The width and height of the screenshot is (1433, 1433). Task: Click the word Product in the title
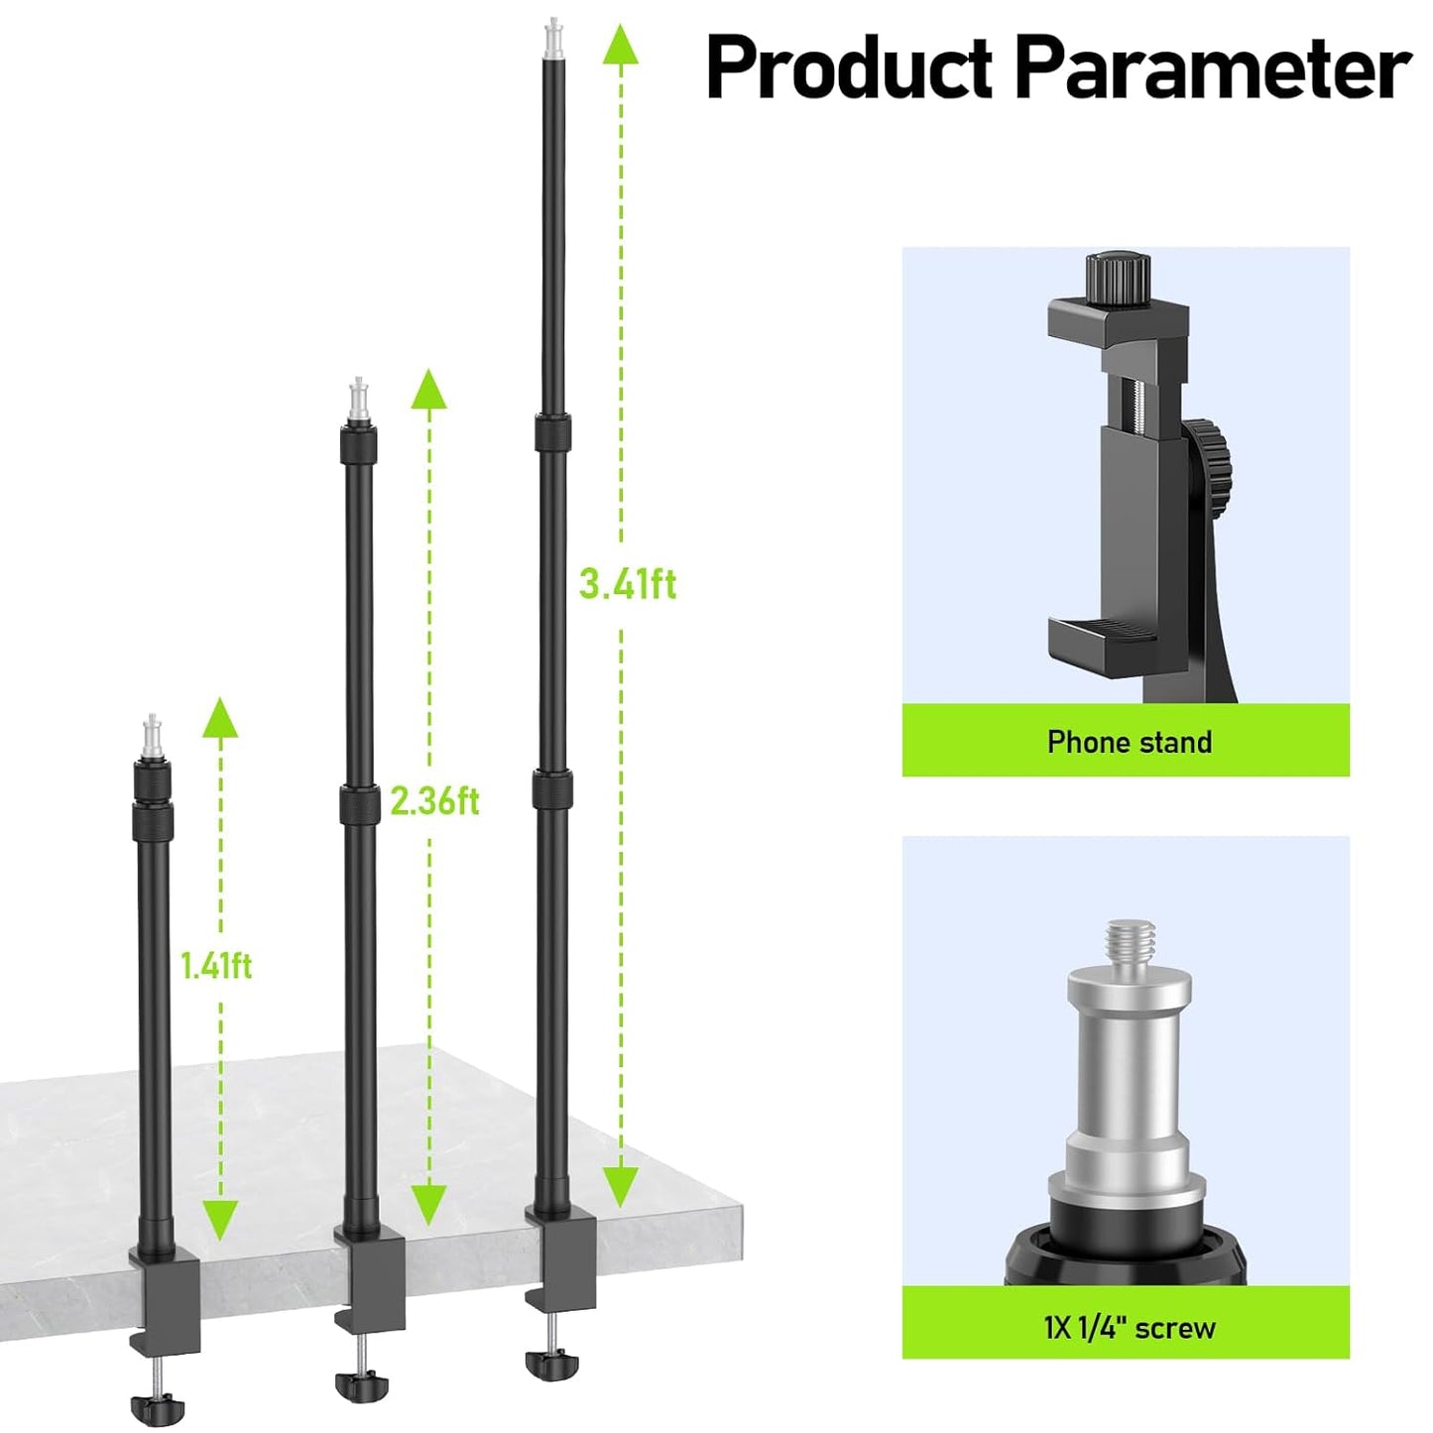[849, 67]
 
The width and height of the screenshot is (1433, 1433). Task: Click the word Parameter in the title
[1212, 67]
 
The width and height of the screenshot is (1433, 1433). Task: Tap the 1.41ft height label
[216, 964]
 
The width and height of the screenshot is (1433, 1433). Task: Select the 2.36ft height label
[434, 800]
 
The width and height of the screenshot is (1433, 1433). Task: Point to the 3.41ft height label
[628, 584]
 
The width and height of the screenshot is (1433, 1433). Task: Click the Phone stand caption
[1129, 742]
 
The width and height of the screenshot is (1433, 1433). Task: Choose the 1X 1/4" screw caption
[1129, 1327]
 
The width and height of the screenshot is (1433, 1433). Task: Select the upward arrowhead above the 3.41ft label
[621, 45]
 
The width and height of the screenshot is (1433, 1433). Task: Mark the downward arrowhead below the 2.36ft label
[428, 1203]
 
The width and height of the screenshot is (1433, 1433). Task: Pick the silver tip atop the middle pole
[359, 400]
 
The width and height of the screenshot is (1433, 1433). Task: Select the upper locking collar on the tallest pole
[552, 433]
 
